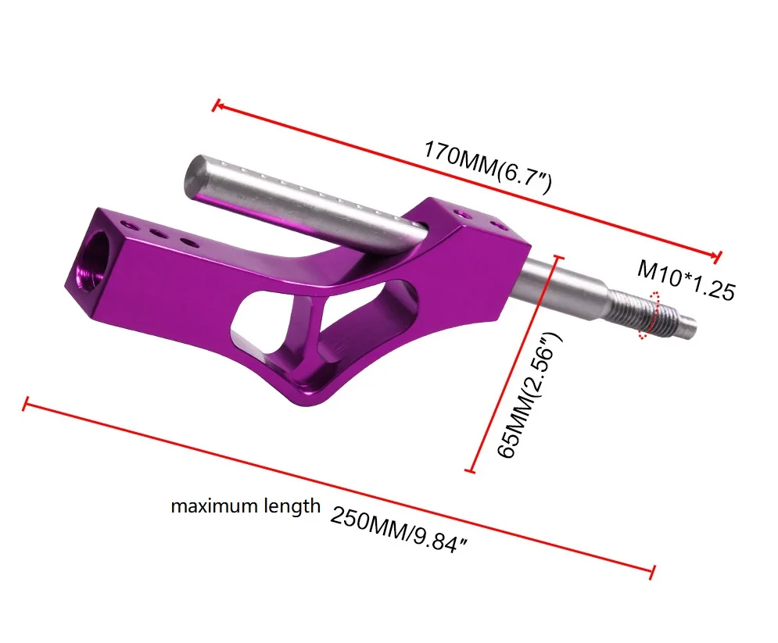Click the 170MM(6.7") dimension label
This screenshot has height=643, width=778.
coord(487,167)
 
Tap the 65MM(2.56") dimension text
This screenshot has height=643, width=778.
coord(529,395)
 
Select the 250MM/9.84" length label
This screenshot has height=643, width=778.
coord(399,529)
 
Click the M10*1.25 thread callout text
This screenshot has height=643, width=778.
coord(686,280)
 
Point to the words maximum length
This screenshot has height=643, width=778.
coord(246,506)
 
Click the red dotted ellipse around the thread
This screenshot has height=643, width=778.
coord(650,316)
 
